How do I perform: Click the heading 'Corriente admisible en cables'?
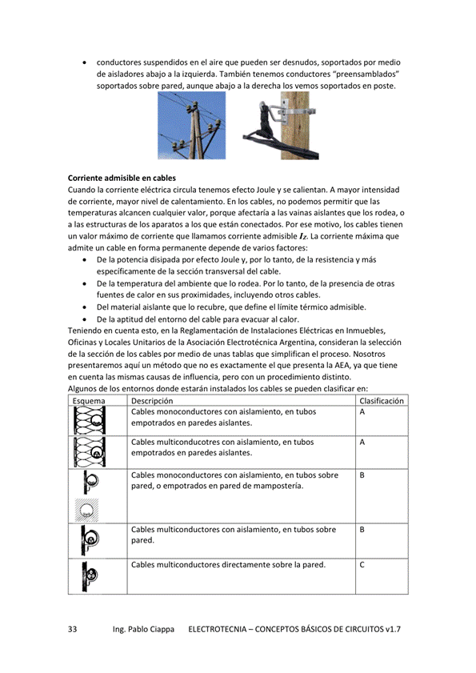(122, 177)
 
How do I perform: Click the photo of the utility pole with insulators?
(191, 126)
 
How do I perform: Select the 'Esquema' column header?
(88, 400)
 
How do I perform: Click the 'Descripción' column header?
(152, 400)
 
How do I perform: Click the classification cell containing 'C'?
(362, 565)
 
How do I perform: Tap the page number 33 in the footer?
(73, 630)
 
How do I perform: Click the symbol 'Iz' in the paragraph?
(302, 238)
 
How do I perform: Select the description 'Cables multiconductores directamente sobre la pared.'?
(228, 565)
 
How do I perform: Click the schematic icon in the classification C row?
(90, 576)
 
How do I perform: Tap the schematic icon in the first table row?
(90, 420)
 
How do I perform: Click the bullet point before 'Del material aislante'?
(86, 306)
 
